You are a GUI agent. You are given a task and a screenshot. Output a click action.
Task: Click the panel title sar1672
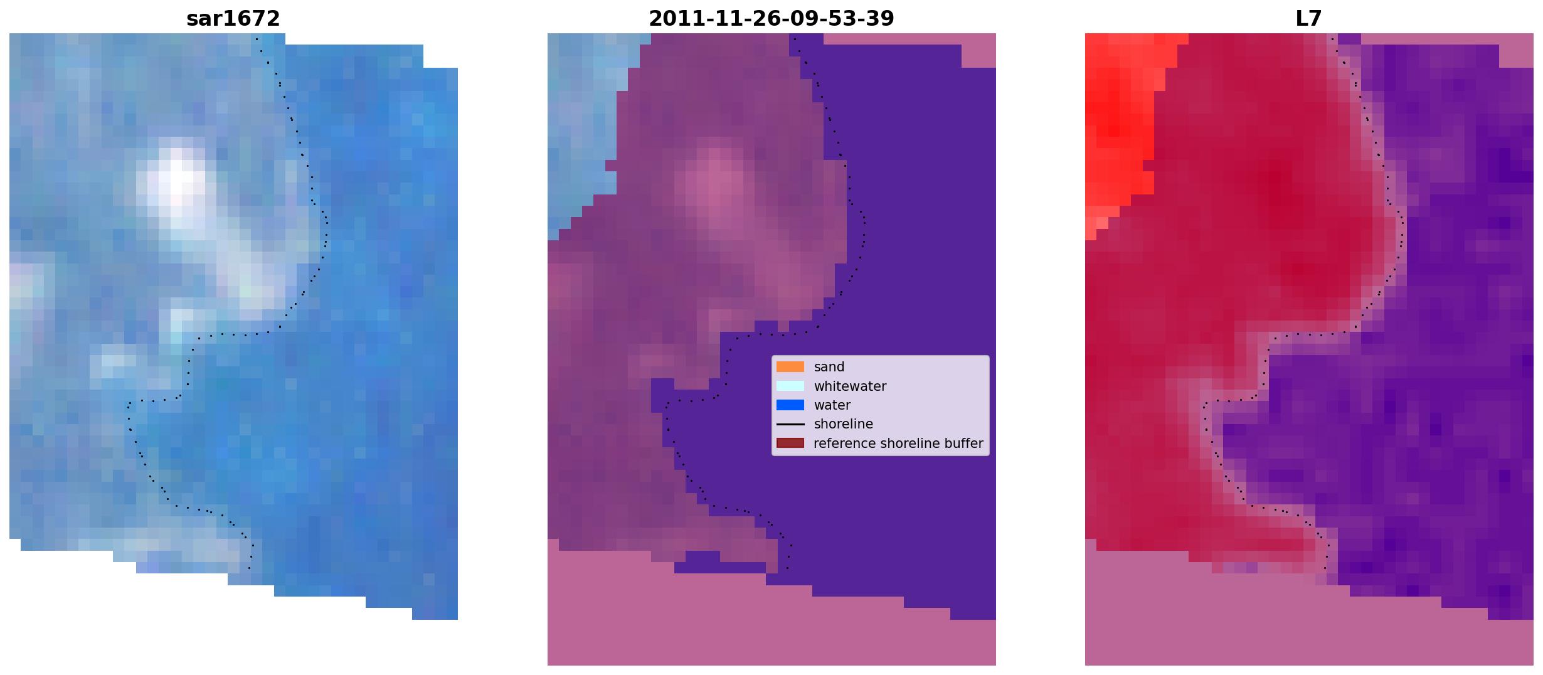pos(233,19)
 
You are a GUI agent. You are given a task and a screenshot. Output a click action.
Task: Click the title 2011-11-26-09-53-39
pos(771,19)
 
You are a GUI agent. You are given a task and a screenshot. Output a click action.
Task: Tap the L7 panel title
pos(1308,19)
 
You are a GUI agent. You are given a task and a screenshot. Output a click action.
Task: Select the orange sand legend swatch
pos(790,367)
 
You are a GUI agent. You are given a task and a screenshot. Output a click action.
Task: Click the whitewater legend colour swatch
pos(790,386)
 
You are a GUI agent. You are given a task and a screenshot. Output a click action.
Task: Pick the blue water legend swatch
pos(790,405)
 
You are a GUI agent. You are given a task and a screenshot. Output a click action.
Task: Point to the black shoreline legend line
pos(790,424)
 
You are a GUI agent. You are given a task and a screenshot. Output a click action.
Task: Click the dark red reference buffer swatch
pos(790,444)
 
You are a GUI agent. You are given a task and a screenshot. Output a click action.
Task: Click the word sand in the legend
pos(829,367)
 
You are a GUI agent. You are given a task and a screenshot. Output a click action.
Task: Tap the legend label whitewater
pos(850,386)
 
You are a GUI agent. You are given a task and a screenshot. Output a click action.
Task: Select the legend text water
pos(832,405)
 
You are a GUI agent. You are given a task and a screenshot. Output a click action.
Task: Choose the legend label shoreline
pos(843,424)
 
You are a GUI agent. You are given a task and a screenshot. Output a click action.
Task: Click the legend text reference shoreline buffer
pos(898,444)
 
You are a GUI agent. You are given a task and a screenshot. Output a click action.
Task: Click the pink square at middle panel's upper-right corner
pos(978,50)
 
